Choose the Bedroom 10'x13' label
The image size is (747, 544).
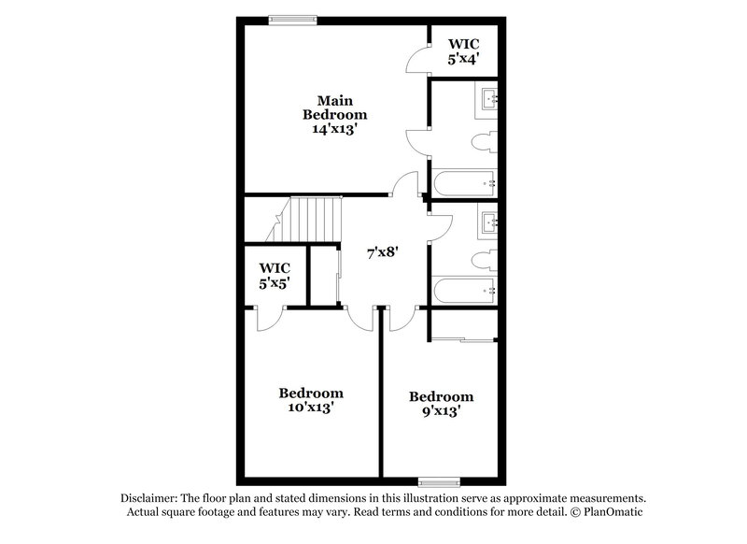[311, 400]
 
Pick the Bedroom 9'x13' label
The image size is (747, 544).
[441, 403]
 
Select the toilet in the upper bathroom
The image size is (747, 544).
[483, 143]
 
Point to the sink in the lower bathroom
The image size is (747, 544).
[490, 222]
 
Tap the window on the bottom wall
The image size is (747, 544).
[440, 481]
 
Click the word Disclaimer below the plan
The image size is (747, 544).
[149, 498]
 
